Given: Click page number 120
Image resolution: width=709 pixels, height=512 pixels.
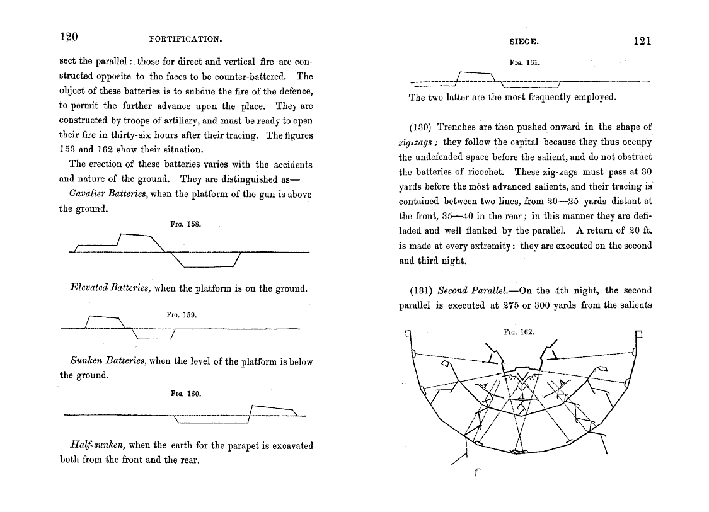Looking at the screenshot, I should pos(68,37).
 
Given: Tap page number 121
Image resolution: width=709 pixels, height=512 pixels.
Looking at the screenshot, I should pos(642,41).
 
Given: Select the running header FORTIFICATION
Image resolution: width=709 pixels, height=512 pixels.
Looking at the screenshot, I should pos(185,39).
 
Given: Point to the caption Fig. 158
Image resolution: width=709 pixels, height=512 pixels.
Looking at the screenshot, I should pos(185,224).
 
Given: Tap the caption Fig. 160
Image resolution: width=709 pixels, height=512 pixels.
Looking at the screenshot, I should pos(185,394).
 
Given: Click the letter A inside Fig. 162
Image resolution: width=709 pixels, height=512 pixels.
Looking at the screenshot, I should pos(521,397).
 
